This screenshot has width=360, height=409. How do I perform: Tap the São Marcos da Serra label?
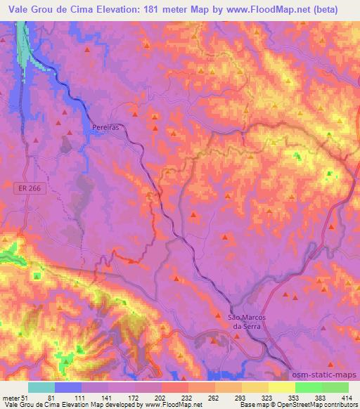[x=245, y=321]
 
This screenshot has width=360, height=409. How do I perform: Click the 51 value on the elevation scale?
[x=24, y=398]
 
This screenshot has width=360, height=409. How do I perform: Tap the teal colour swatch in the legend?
[x=41, y=387]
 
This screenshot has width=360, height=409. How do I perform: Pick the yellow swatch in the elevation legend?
[x=281, y=387]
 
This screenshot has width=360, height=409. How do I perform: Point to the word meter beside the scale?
[x=11, y=398]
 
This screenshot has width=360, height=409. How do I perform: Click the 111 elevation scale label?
[x=82, y=398]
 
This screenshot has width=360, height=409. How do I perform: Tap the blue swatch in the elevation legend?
[x=68, y=387]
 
